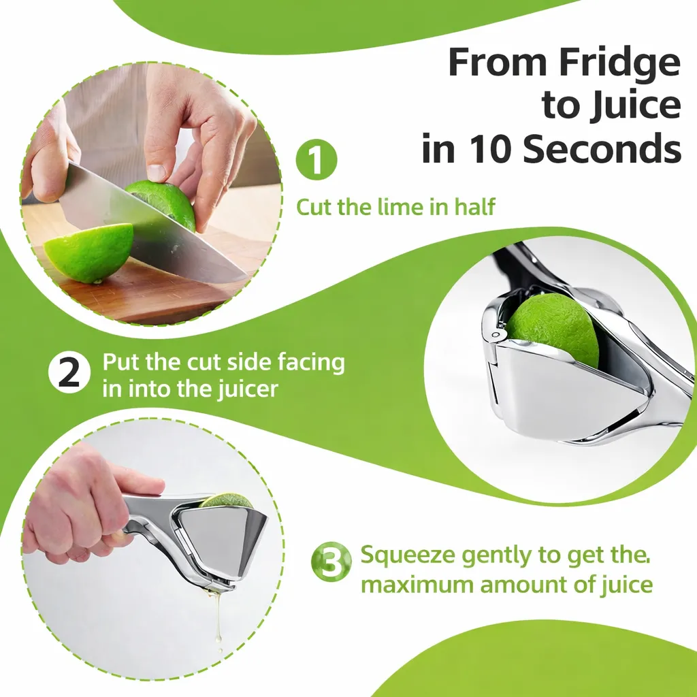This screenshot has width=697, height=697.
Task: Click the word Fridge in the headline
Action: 618,63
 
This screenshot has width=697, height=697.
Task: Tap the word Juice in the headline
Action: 637,106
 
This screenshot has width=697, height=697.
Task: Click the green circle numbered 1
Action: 316,161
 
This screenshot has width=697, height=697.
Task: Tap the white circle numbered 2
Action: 69,374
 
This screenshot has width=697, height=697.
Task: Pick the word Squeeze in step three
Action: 408,555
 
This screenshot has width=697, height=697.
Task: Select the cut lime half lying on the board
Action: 88,252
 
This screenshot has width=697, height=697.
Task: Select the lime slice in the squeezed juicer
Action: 228,500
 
